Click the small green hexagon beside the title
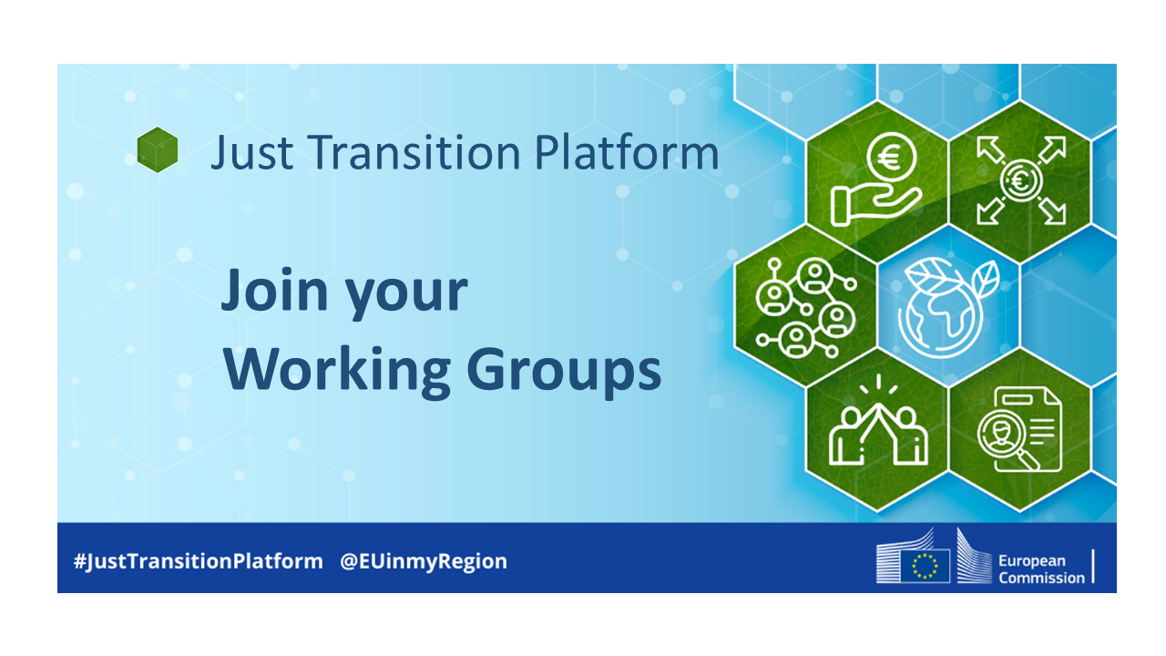click(x=158, y=149)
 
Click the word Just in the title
click(x=242, y=153)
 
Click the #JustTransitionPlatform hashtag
click(x=198, y=561)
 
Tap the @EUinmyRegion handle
click(x=424, y=561)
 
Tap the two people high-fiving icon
click(x=877, y=426)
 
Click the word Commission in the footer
click(x=1041, y=578)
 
